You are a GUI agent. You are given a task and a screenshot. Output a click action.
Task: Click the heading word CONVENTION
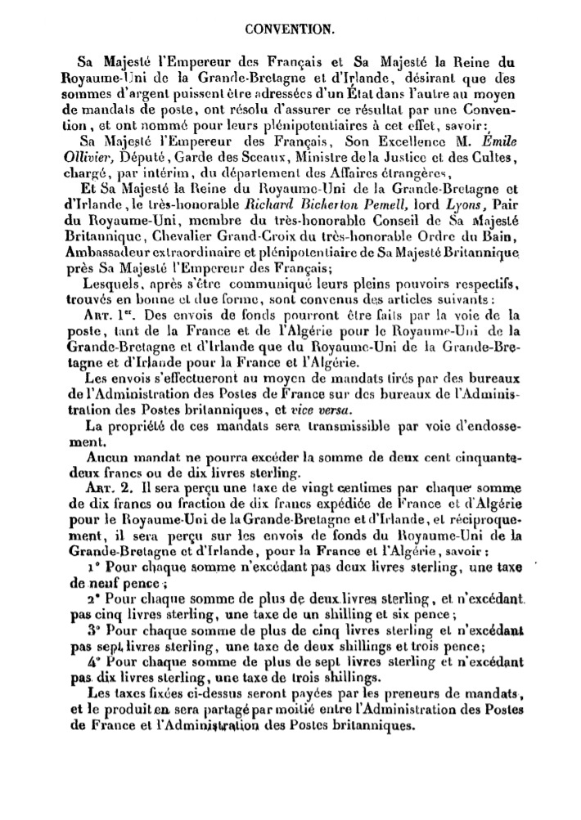point(290,29)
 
